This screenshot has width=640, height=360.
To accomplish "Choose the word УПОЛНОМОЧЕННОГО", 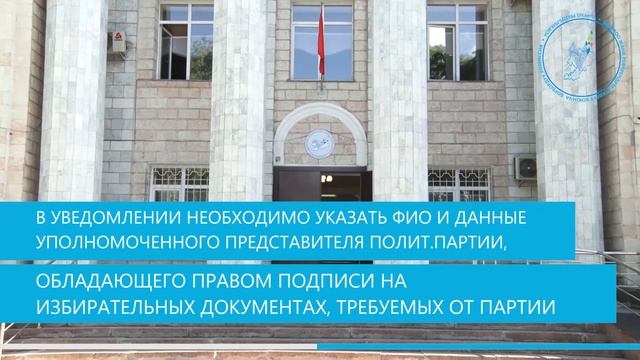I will (106, 241).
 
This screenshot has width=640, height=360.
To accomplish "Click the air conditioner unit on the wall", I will (525, 167).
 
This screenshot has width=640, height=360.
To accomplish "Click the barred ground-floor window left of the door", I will (179, 184).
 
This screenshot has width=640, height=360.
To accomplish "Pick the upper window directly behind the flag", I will (322, 42).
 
